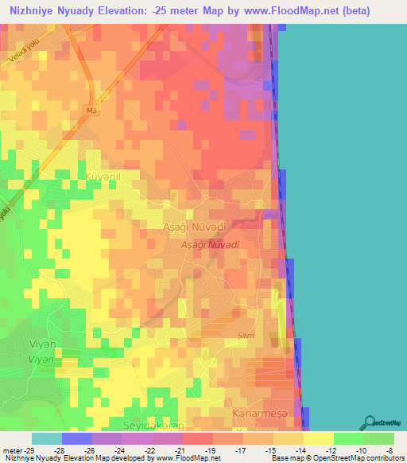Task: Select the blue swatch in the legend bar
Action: pos(76,438)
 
